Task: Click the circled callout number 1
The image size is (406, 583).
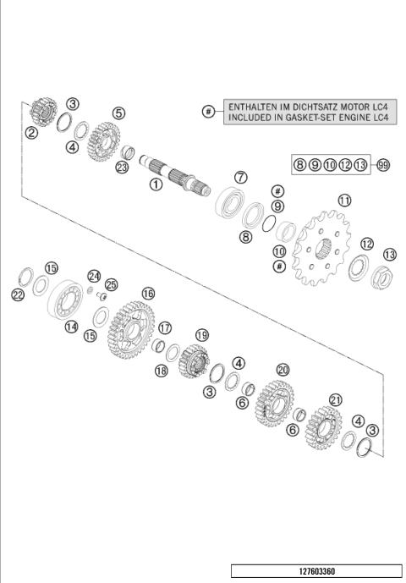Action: click(x=155, y=184)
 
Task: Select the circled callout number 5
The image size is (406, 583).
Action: click(x=118, y=113)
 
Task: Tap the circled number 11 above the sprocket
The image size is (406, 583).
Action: click(x=343, y=201)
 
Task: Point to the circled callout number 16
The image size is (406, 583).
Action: click(x=148, y=293)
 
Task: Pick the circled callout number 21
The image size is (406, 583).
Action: click(x=336, y=400)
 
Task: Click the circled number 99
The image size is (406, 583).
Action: click(x=383, y=165)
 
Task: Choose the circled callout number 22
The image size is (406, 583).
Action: click(x=18, y=294)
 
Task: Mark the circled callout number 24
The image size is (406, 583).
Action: click(x=95, y=276)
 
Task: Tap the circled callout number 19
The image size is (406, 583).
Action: click(x=201, y=335)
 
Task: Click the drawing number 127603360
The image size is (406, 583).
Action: click(x=315, y=572)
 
